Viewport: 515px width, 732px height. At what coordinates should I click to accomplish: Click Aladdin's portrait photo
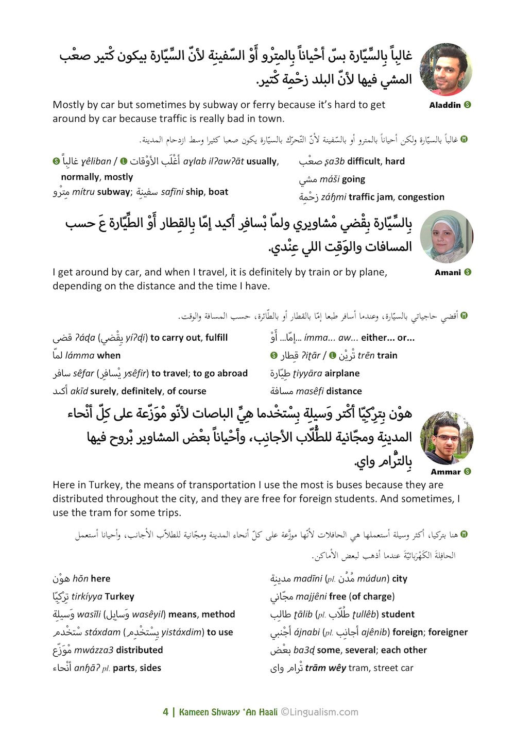point(446,70)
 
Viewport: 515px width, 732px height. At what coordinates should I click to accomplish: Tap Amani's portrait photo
point(446,237)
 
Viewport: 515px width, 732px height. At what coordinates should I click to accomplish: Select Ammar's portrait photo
point(446,439)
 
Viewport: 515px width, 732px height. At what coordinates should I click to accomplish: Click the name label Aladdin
point(445,105)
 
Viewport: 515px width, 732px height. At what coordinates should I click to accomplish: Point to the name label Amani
point(448,272)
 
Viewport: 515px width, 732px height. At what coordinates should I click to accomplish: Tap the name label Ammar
point(446,472)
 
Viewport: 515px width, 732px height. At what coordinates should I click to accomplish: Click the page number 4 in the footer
point(165,712)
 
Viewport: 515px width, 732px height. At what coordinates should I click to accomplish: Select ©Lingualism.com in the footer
point(319,712)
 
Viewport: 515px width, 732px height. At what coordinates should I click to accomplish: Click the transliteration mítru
point(85,192)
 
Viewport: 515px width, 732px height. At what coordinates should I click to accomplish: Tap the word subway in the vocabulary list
point(114,192)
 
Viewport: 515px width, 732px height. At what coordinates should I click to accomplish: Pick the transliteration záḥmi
point(333,197)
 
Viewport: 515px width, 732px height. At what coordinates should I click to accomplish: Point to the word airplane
point(342,373)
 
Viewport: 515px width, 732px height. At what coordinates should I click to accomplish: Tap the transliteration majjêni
point(311,596)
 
